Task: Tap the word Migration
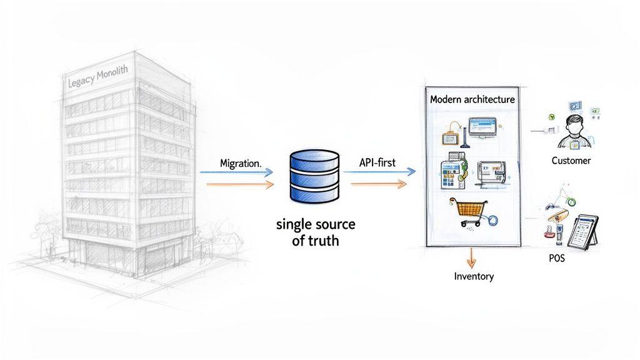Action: tap(240, 162)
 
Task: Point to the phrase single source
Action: tap(315, 224)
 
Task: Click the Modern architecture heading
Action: tap(472, 99)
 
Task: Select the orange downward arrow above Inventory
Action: tap(472, 257)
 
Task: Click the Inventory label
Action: tap(474, 276)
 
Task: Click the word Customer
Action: tap(571, 161)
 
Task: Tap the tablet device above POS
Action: tap(581, 231)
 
